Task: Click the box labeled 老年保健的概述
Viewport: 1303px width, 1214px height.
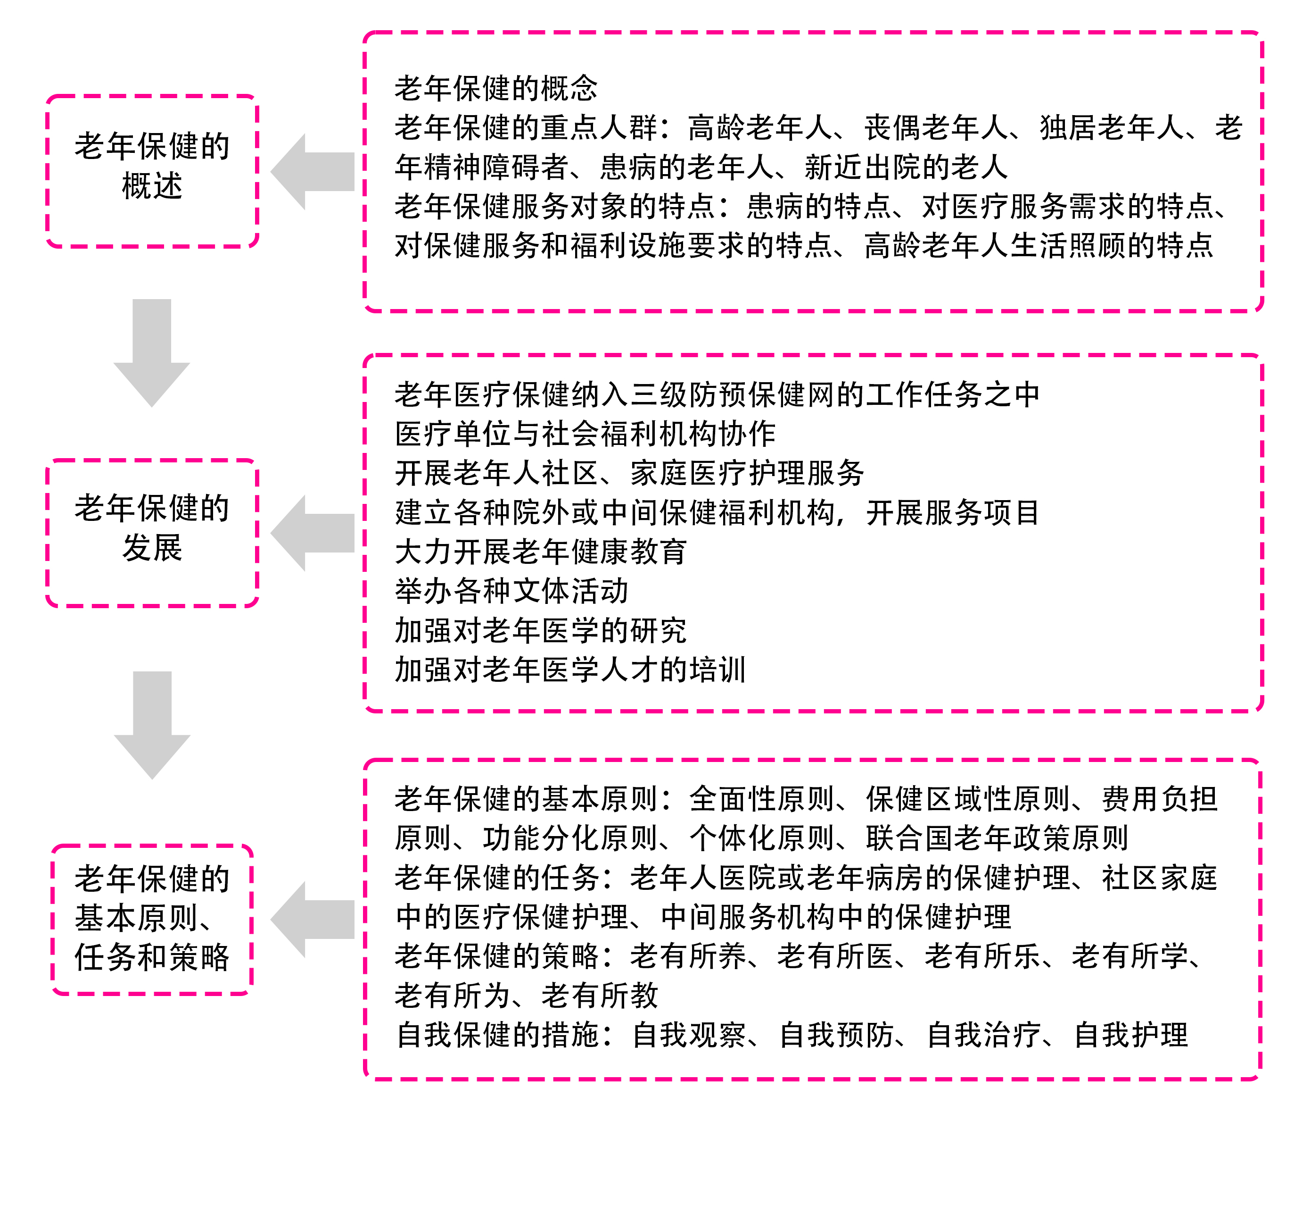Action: coord(152,170)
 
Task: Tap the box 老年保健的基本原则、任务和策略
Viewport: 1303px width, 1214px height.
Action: coord(152,918)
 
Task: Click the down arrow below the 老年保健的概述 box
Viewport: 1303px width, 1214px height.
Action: coord(152,354)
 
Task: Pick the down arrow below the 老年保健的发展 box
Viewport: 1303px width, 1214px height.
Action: coord(152,725)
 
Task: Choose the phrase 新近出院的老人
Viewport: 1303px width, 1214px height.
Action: coord(907,167)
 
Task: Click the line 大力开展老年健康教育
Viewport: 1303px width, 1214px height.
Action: coord(541,552)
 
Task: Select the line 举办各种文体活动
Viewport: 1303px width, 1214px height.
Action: coord(511,591)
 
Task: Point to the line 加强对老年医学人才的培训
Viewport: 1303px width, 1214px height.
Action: coord(570,670)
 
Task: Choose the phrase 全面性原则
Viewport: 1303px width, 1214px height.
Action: coord(761,799)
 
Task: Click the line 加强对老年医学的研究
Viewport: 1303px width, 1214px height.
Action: coord(541,630)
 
